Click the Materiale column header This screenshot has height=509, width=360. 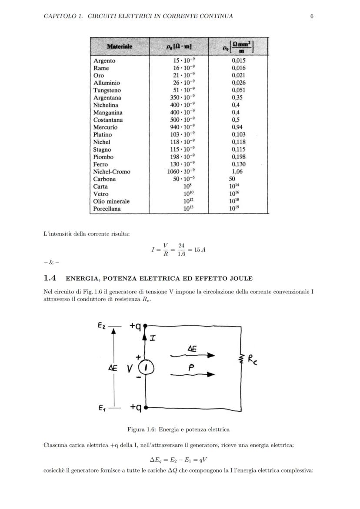tap(120, 46)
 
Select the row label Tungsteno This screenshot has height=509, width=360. tap(107, 90)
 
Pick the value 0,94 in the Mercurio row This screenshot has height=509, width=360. tap(237, 127)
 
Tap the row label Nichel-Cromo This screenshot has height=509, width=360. tap(112, 171)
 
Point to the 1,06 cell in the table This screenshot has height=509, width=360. tap(237, 171)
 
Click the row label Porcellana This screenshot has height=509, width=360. tap(107, 209)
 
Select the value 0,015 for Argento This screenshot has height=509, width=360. tap(238, 60)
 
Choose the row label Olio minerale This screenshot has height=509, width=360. tap(111, 201)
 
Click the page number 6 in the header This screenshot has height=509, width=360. tap(312, 16)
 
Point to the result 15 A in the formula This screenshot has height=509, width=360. tap(200, 250)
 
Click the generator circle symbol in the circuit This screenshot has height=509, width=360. tap(146, 368)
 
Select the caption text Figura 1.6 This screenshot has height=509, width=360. tap(141, 429)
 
